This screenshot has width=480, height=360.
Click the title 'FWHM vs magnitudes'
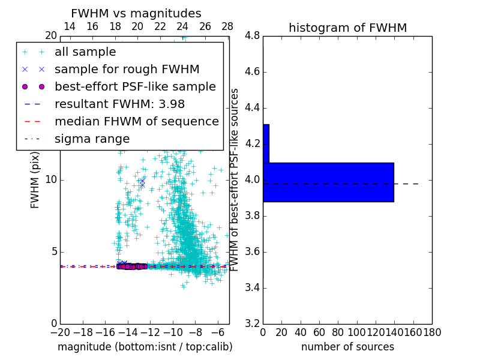[x=136, y=13]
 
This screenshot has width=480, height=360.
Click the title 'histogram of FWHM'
[x=347, y=28]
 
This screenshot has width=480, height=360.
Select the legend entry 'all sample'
[x=85, y=52]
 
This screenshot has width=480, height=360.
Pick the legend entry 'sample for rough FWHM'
[x=127, y=70]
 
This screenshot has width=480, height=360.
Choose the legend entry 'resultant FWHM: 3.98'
[x=115, y=104]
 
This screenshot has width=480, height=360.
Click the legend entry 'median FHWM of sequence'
[x=136, y=122]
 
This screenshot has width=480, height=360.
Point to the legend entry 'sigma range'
[x=92, y=139]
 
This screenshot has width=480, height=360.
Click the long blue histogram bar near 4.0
[x=328, y=182]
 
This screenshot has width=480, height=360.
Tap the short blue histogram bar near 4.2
[x=266, y=143]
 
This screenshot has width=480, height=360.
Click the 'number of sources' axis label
[x=347, y=347]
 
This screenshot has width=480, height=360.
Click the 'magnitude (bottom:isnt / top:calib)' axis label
[x=145, y=347]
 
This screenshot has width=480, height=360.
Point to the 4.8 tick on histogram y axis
[x=253, y=36]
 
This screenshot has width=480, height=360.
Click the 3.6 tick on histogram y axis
[x=253, y=251]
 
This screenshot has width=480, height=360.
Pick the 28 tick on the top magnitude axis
[x=227, y=26]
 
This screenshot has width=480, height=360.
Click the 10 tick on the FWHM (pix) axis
[x=51, y=180]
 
